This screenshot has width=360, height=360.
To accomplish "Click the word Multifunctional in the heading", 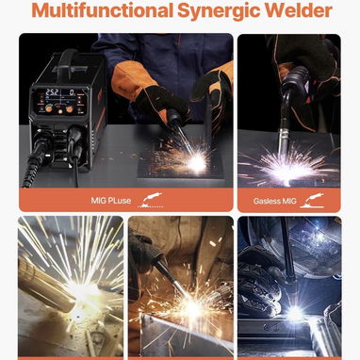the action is click(x=102, y=10).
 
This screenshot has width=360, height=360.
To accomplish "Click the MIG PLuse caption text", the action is click(x=111, y=201).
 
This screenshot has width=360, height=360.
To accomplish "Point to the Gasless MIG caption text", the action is click(x=275, y=201).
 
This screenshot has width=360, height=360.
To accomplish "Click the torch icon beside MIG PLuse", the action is click(x=152, y=201).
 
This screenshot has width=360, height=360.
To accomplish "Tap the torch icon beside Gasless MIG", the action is click(x=312, y=201).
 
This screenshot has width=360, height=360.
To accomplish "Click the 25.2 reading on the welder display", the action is click(x=52, y=92).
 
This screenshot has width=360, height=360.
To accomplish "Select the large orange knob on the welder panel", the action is click(x=49, y=108).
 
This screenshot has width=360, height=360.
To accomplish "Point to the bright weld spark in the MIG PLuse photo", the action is click(x=197, y=163).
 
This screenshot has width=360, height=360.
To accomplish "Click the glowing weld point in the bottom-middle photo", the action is click(x=191, y=309).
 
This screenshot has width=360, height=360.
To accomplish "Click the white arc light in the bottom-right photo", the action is click(x=294, y=313).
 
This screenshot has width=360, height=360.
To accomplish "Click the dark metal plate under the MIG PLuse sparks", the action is click(x=181, y=167).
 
